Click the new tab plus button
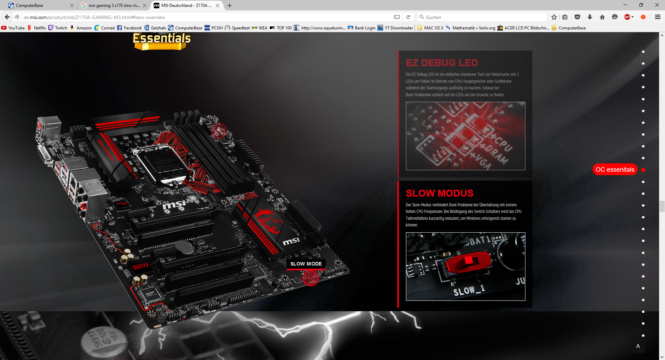[230, 6]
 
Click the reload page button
[408, 17]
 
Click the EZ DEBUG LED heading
[442, 63]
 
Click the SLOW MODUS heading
[440, 193]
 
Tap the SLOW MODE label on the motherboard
[306, 264]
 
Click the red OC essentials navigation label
[615, 170]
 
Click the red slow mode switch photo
[465, 266]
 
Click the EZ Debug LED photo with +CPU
[465, 136]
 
